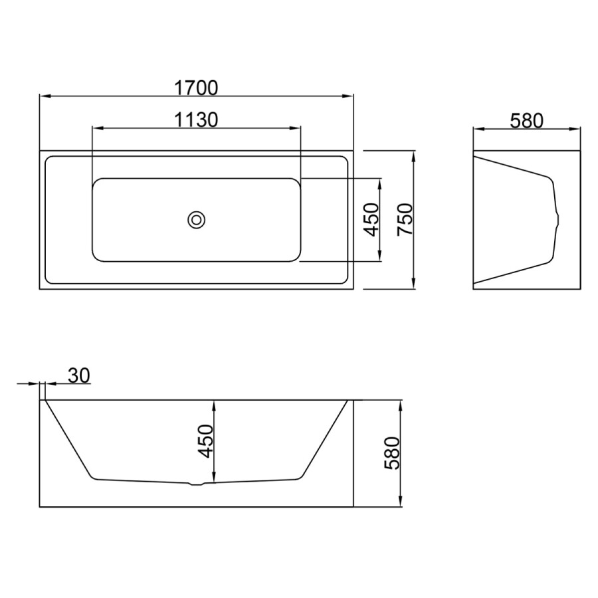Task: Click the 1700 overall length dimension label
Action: pos(196,88)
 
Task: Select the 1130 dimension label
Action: pos(196,120)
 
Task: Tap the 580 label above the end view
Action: pos(526,121)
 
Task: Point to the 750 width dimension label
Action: pos(405,220)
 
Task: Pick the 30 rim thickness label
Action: pos(79,375)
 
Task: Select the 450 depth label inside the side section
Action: pos(205,441)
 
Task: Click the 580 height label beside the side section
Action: pos(392,453)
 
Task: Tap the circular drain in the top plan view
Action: pos(197,220)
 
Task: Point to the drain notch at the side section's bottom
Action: pos(197,484)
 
